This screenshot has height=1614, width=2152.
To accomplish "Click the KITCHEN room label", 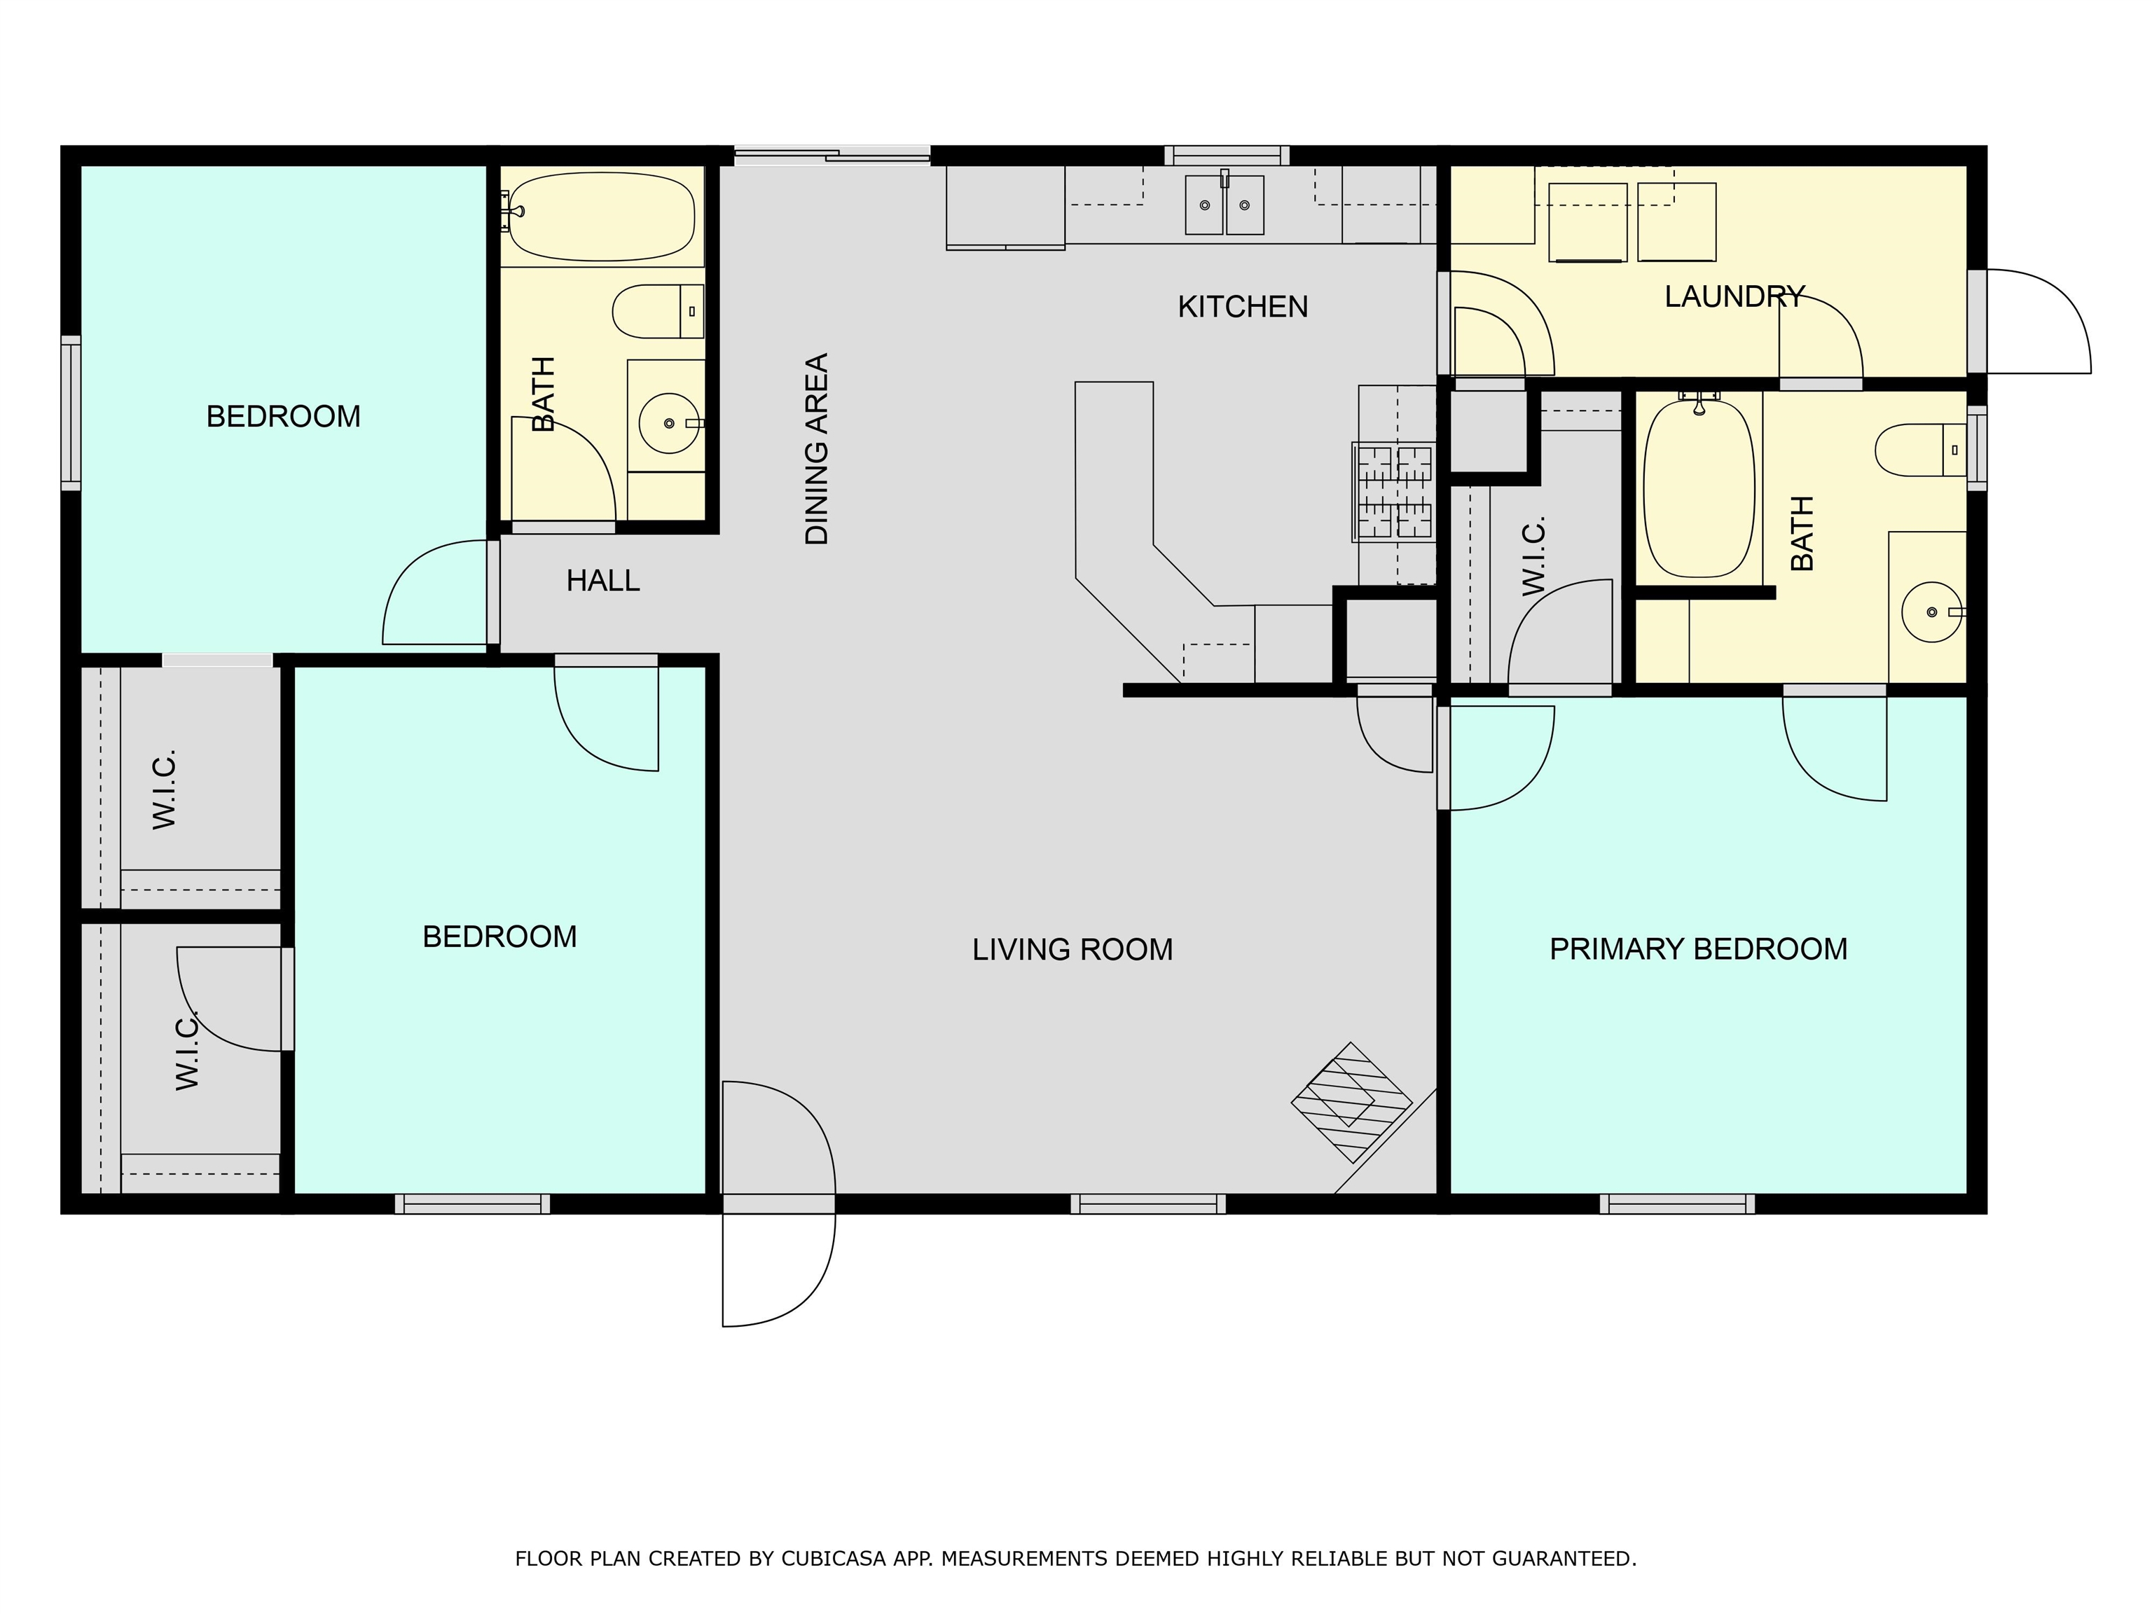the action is pos(1242,306).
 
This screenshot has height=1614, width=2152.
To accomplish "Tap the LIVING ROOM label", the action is pos(1072,949).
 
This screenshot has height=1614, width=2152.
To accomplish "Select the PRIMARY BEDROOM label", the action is pos(1697,949).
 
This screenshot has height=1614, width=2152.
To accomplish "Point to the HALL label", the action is pos(602,581).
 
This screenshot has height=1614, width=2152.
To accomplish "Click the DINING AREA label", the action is pos(816,448).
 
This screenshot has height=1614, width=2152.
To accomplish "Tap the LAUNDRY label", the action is pos(1734,296).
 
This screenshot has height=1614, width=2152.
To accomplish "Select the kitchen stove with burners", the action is pos(1394,491).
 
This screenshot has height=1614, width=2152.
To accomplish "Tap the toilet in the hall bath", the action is pos(658,311).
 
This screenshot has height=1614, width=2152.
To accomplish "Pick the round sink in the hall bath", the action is pos(668,423).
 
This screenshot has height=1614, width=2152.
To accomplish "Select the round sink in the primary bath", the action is pos(1932,612).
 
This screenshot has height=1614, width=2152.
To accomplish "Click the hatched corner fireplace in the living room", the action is pos(1352,1102).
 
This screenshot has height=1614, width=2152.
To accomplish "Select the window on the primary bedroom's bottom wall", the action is pos(1677,1203).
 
